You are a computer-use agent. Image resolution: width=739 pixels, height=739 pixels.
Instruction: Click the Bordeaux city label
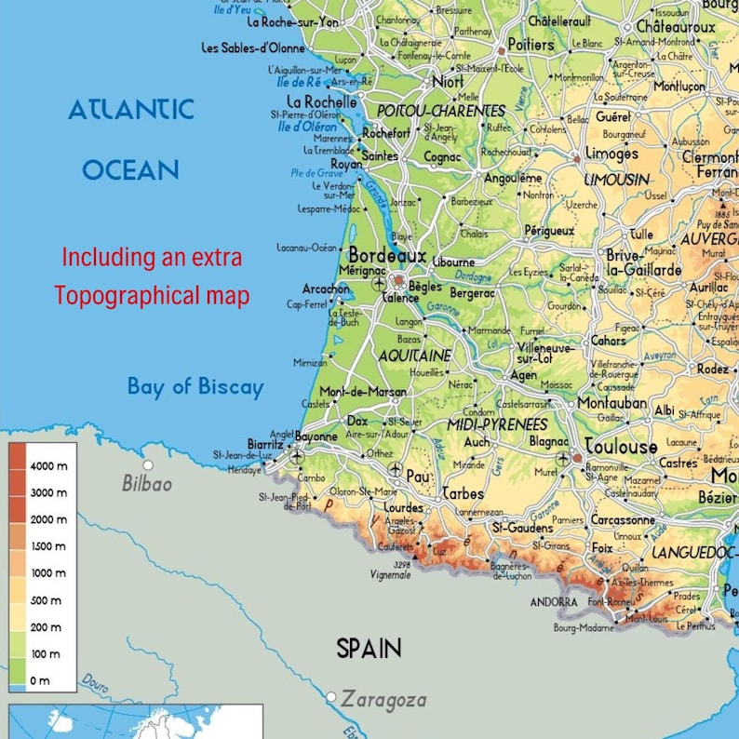(x=387, y=255)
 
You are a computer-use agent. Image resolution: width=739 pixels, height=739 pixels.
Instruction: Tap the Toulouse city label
(x=621, y=446)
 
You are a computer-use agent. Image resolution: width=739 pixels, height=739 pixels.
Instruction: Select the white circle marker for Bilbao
(x=148, y=464)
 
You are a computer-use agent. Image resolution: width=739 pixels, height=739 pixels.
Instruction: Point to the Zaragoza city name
(x=383, y=699)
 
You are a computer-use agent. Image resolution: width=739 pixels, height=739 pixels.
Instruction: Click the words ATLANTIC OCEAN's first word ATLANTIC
(x=131, y=110)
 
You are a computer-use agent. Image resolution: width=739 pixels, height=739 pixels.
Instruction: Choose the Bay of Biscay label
(x=195, y=387)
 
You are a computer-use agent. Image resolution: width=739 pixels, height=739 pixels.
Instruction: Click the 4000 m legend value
(x=48, y=465)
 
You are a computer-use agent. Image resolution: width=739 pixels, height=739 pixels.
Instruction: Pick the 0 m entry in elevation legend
(x=39, y=681)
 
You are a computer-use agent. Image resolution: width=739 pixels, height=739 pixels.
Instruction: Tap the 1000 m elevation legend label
(x=48, y=573)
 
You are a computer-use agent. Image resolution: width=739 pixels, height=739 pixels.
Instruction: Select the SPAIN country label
(x=369, y=649)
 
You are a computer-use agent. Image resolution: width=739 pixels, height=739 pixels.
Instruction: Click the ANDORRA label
(x=554, y=602)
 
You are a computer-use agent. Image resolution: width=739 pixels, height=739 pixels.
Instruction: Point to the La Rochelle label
(x=321, y=101)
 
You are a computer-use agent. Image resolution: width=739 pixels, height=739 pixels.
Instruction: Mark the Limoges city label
(x=611, y=154)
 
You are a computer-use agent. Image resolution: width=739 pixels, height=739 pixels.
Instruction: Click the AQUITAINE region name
(x=414, y=356)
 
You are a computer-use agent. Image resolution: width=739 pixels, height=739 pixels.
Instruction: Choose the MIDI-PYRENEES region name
(x=497, y=424)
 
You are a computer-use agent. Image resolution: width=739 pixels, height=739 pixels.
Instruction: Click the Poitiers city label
(x=531, y=45)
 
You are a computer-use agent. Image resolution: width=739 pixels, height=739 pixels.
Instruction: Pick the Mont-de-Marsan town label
(x=363, y=392)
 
